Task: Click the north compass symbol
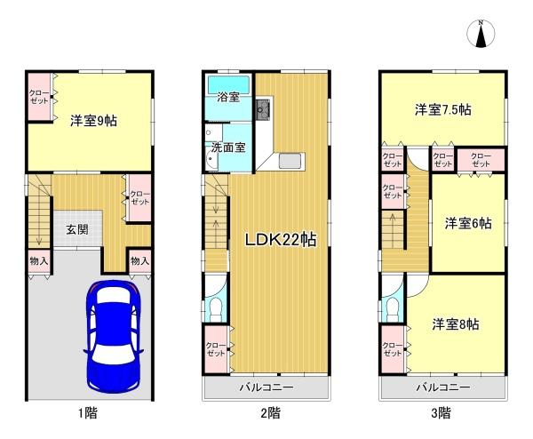481,33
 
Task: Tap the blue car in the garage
114,337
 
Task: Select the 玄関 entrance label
77,229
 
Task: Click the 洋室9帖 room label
93,121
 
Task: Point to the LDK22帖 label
281,240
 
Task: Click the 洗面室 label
228,148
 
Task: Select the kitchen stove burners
263,109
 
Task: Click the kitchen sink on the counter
290,161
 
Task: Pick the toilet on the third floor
393,309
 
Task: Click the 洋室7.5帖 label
442,110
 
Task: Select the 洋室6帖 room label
468,223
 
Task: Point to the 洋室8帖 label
456,324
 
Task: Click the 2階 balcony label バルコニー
266,387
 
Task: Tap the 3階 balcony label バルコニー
443,387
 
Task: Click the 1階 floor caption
88,413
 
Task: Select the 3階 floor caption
441,413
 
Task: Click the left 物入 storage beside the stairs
39,260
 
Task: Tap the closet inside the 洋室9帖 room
39,97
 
